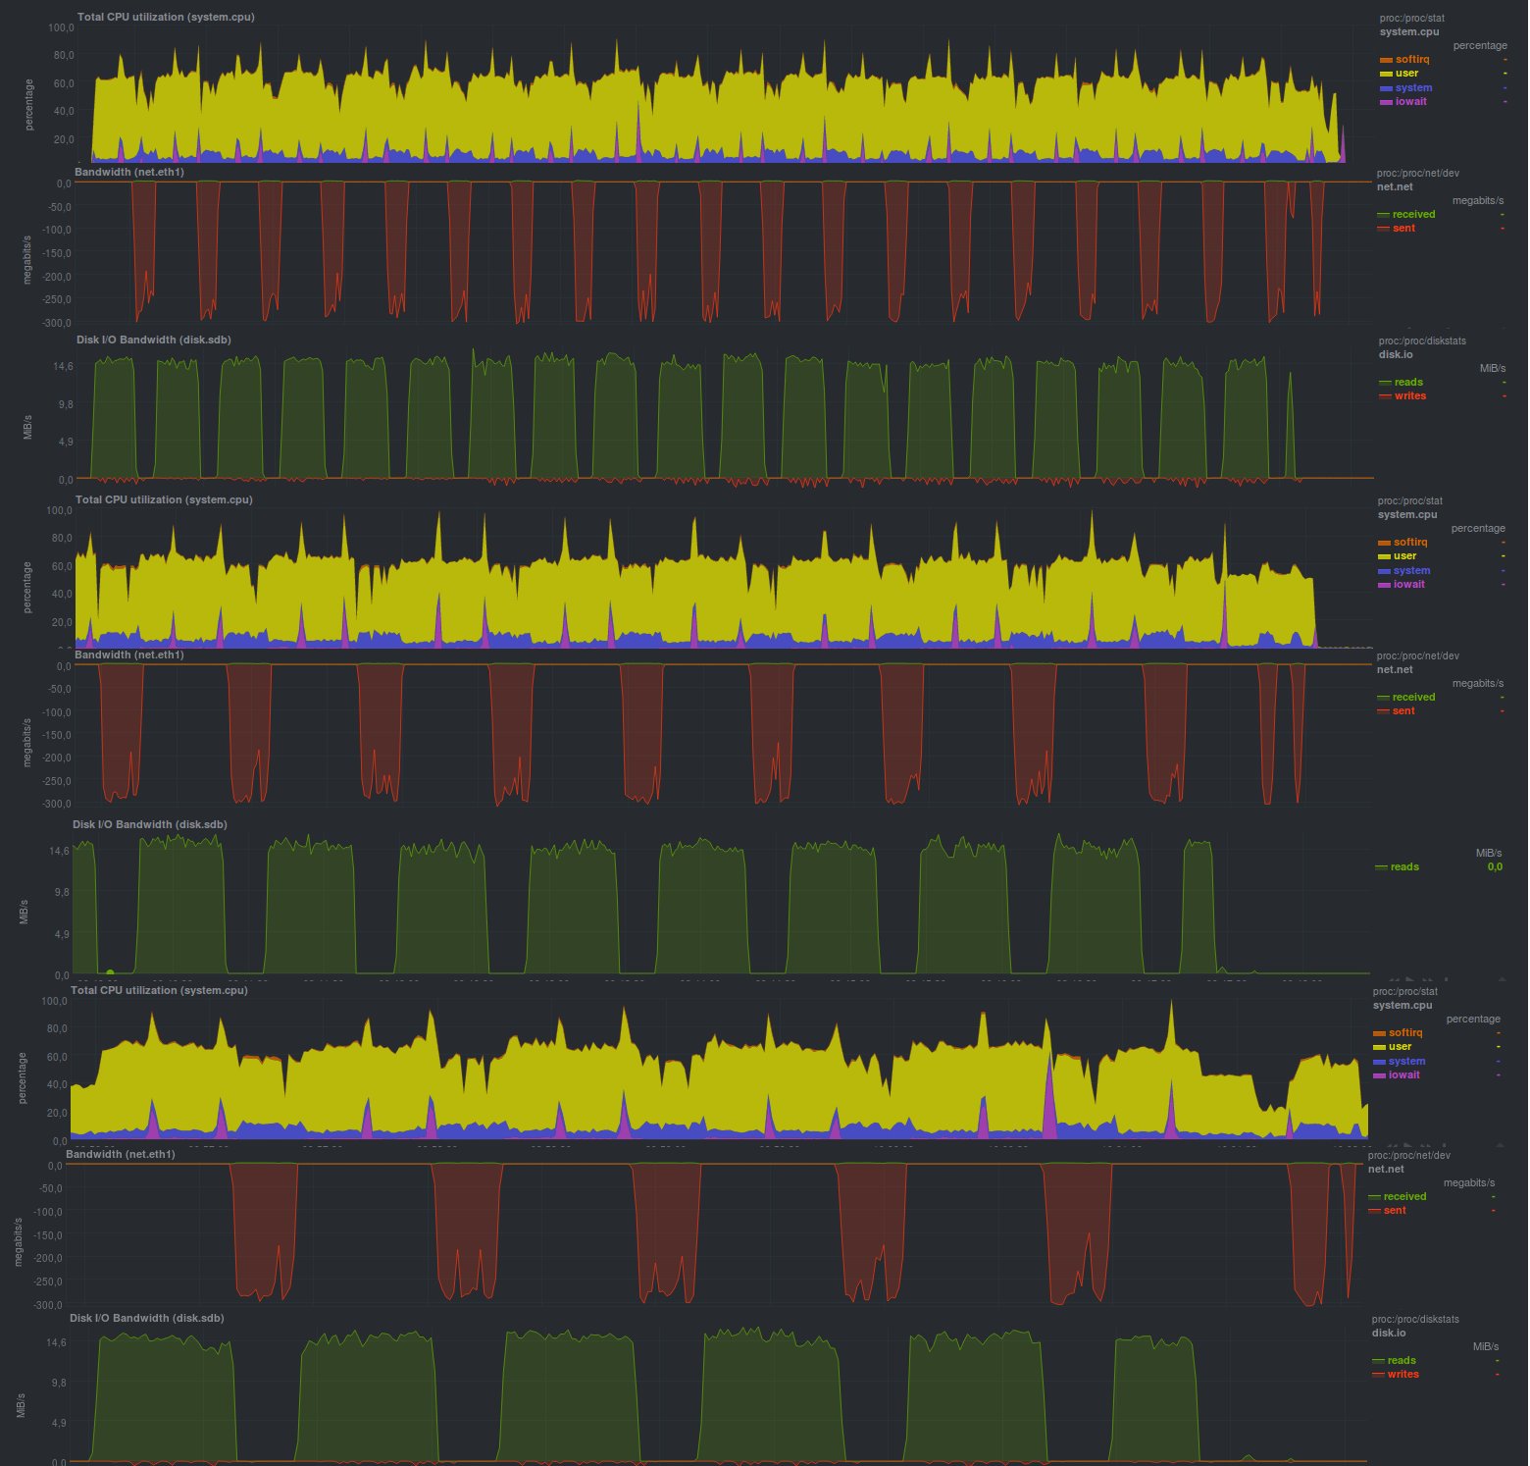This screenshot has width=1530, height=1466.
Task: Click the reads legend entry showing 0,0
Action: point(1403,866)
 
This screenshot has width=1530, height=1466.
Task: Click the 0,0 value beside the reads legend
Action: point(1494,866)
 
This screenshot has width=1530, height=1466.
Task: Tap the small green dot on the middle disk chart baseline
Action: point(110,972)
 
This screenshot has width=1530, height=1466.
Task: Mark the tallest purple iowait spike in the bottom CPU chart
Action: point(1048,1094)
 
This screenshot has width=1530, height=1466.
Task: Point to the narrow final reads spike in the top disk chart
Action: point(1290,422)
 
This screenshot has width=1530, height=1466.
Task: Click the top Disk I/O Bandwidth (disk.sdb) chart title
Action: point(154,340)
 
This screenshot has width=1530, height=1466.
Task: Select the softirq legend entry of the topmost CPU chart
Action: point(1411,59)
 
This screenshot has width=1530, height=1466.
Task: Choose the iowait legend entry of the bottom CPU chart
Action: point(1403,1074)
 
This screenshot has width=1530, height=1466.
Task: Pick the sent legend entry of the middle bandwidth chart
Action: point(1403,710)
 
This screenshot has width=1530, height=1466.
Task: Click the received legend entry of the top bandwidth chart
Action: point(1412,214)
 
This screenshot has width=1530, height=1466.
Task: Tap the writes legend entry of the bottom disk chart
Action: point(1402,1374)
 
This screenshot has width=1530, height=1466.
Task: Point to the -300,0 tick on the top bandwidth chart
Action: point(57,323)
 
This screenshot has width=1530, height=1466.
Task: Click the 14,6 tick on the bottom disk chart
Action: point(54,1342)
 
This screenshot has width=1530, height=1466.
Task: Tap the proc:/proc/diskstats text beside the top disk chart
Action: point(1421,340)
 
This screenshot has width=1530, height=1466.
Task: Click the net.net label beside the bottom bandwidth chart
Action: point(1386,1169)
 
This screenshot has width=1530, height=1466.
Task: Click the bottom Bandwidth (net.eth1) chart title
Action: point(120,1154)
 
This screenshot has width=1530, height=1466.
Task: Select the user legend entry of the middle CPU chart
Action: point(1404,555)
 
